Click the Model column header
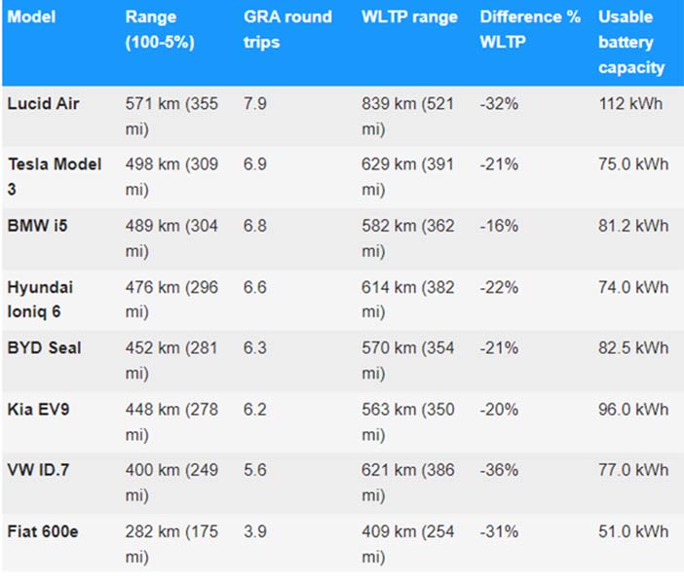tap(31, 17)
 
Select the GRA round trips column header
tap(287, 29)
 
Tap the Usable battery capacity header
tap(631, 42)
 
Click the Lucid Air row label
tap(43, 104)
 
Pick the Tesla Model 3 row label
tap(55, 176)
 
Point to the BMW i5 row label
tap(38, 226)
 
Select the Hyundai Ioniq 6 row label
tap(40, 300)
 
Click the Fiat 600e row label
tap(43, 531)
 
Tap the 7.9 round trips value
tap(254, 104)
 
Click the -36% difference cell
tap(499, 470)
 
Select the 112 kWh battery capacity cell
tap(630, 104)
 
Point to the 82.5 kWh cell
tap(633, 347)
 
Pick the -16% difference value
tap(499, 226)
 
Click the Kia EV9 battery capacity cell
tap(633, 409)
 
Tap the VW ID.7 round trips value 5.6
tap(254, 470)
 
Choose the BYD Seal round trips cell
tap(254, 347)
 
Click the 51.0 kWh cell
tap(633, 531)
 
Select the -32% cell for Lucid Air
tap(499, 104)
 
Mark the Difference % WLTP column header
tap(530, 29)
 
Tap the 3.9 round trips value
tap(254, 531)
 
